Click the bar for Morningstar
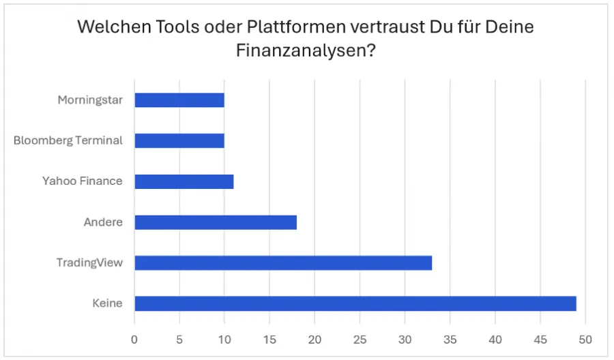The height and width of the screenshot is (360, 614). pyautogui.click(x=179, y=100)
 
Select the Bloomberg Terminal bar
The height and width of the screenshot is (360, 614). pyautogui.click(x=179, y=140)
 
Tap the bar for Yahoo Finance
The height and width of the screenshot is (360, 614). pyautogui.click(x=184, y=181)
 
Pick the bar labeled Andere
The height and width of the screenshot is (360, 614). pyautogui.click(x=216, y=222)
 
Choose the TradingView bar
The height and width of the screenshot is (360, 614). pyautogui.click(x=283, y=262)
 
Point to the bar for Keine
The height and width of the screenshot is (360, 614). pyautogui.click(x=355, y=303)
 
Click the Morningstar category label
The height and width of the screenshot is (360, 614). pyautogui.click(x=90, y=100)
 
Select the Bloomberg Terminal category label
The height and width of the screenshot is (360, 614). pyautogui.click(x=68, y=140)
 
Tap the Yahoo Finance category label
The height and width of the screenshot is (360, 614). pyautogui.click(x=83, y=181)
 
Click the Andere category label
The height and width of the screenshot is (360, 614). pyautogui.click(x=103, y=222)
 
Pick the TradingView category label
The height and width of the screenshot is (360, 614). pyautogui.click(x=89, y=262)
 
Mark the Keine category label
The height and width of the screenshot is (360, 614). pyautogui.click(x=107, y=303)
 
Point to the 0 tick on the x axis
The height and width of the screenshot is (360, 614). pyautogui.click(x=134, y=339)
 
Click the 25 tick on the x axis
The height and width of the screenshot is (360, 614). pyautogui.click(x=360, y=339)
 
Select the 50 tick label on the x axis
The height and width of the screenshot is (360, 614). pyautogui.click(x=585, y=339)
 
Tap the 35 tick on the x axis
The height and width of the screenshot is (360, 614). pyautogui.click(x=450, y=339)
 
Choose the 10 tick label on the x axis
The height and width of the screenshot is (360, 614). pyautogui.click(x=224, y=339)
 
